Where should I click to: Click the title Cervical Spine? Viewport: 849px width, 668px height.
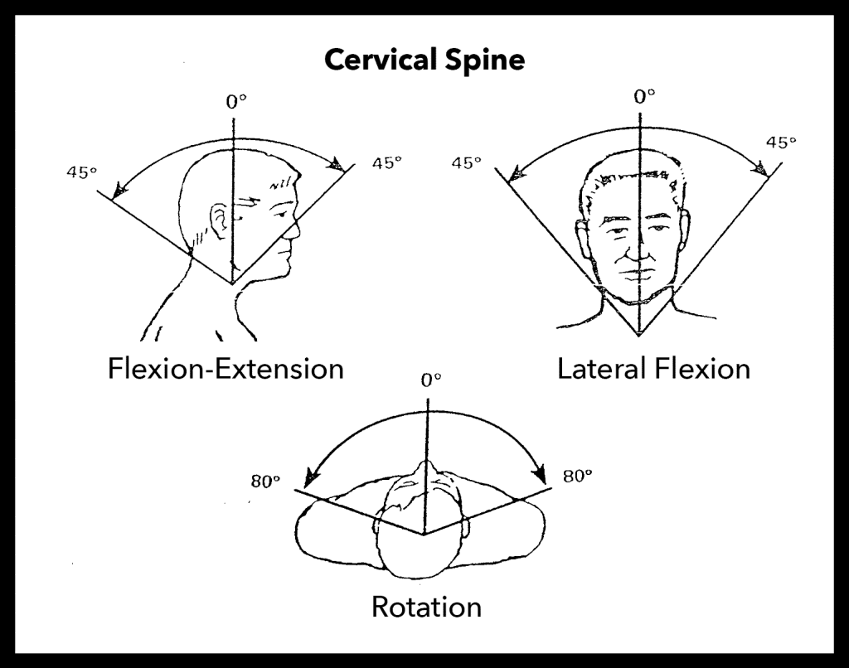(x=424, y=61)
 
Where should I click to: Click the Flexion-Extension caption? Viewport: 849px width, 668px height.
(x=226, y=367)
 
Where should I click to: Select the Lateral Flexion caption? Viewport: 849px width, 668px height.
(x=653, y=367)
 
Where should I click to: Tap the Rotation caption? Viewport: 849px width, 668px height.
(x=426, y=606)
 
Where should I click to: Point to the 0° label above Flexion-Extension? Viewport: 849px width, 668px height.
(x=236, y=103)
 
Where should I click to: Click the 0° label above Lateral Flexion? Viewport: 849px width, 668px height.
(x=644, y=96)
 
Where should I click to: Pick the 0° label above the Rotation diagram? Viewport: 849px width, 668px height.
(x=430, y=380)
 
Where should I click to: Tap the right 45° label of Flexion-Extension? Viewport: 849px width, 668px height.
(x=386, y=163)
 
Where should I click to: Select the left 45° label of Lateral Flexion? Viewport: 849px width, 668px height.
(x=467, y=162)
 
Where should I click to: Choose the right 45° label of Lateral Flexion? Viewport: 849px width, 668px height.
(x=780, y=143)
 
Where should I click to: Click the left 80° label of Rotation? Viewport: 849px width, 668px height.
(x=267, y=481)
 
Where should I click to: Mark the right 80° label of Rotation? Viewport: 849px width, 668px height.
(x=578, y=476)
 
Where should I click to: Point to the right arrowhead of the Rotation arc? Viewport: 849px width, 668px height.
(x=540, y=477)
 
